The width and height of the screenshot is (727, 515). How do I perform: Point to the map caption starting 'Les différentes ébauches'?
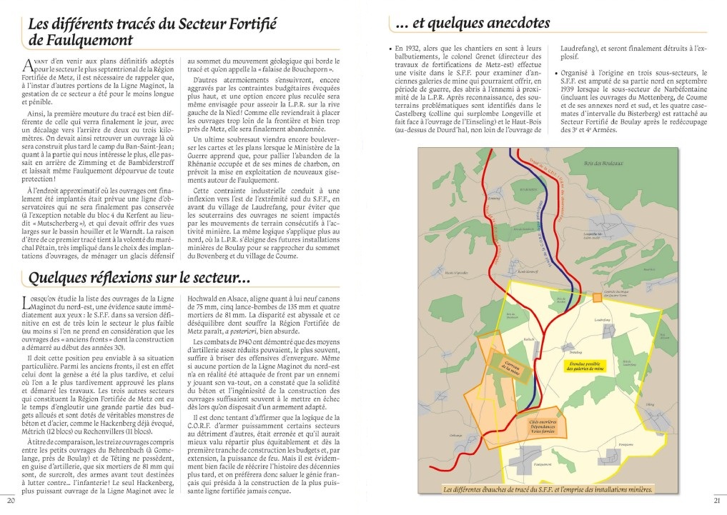coord(548,489)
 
